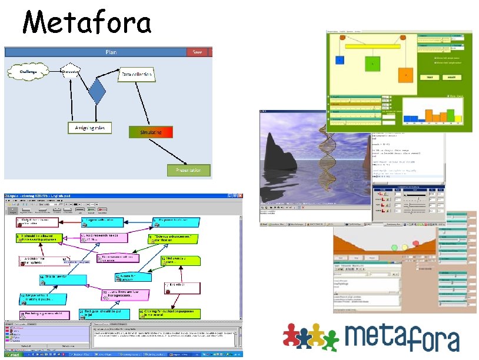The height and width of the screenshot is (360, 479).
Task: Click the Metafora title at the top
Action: click(x=87, y=24)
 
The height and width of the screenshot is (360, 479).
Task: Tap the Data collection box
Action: click(x=137, y=75)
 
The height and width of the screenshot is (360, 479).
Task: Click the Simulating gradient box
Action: click(x=151, y=132)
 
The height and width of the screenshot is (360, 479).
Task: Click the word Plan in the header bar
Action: click(x=111, y=52)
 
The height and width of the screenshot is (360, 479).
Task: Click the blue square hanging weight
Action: click(x=340, y=59)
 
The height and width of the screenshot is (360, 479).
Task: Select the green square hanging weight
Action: click(x=371, y=63)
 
